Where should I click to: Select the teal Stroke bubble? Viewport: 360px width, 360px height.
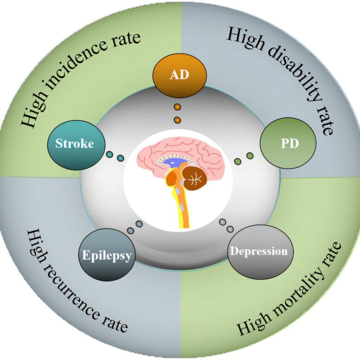[76, 144]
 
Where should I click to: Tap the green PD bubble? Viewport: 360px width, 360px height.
[288, 143]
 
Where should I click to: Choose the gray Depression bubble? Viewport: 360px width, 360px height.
[261, 252]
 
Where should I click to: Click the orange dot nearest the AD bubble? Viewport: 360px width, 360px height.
[178, 107]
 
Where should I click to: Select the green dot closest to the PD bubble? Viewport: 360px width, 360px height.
[250, 156]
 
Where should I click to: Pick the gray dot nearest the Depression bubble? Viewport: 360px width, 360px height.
[230, 229]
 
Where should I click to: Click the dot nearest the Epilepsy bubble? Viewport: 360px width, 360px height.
[130, 231]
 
